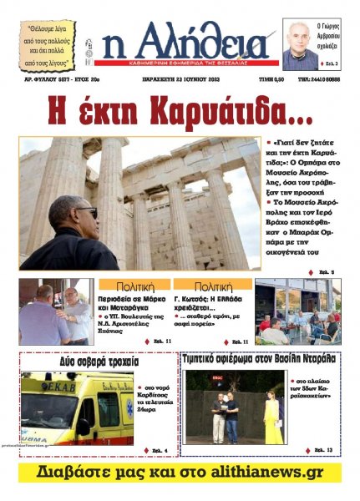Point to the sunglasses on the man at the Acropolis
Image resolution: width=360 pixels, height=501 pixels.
point(86,213)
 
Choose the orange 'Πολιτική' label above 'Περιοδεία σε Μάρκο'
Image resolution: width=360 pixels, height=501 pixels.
point(134,286)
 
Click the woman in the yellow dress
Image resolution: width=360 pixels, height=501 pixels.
point(274,419)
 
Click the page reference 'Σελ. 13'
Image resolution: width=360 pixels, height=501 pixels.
point(323,450)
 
